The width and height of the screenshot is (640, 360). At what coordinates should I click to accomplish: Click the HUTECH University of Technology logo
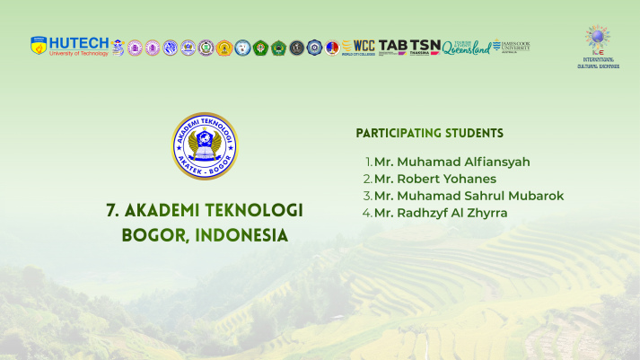pos(69,46)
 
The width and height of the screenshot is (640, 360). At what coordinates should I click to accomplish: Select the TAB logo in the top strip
pos(392,46)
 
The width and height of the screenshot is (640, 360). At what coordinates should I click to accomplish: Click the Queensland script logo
pos(466,47)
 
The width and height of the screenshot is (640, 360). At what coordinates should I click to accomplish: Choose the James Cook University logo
pos(511,46)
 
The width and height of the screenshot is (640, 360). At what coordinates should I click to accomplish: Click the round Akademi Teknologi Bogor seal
pos(205,145)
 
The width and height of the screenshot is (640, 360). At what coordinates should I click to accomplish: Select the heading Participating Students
pos(429,133)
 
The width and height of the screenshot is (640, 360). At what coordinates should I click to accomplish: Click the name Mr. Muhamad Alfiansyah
pos(452,162)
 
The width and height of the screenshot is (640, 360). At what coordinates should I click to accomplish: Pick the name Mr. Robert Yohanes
pos(434,179)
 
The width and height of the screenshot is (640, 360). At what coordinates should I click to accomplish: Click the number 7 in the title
pos(111,210)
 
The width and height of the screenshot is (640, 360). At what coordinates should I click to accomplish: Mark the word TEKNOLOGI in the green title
pos(255,210)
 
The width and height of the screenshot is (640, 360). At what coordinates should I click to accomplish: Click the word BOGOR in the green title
pos(151,236)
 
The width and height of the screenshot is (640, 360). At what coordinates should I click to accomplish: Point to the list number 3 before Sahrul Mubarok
pos(367,196)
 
